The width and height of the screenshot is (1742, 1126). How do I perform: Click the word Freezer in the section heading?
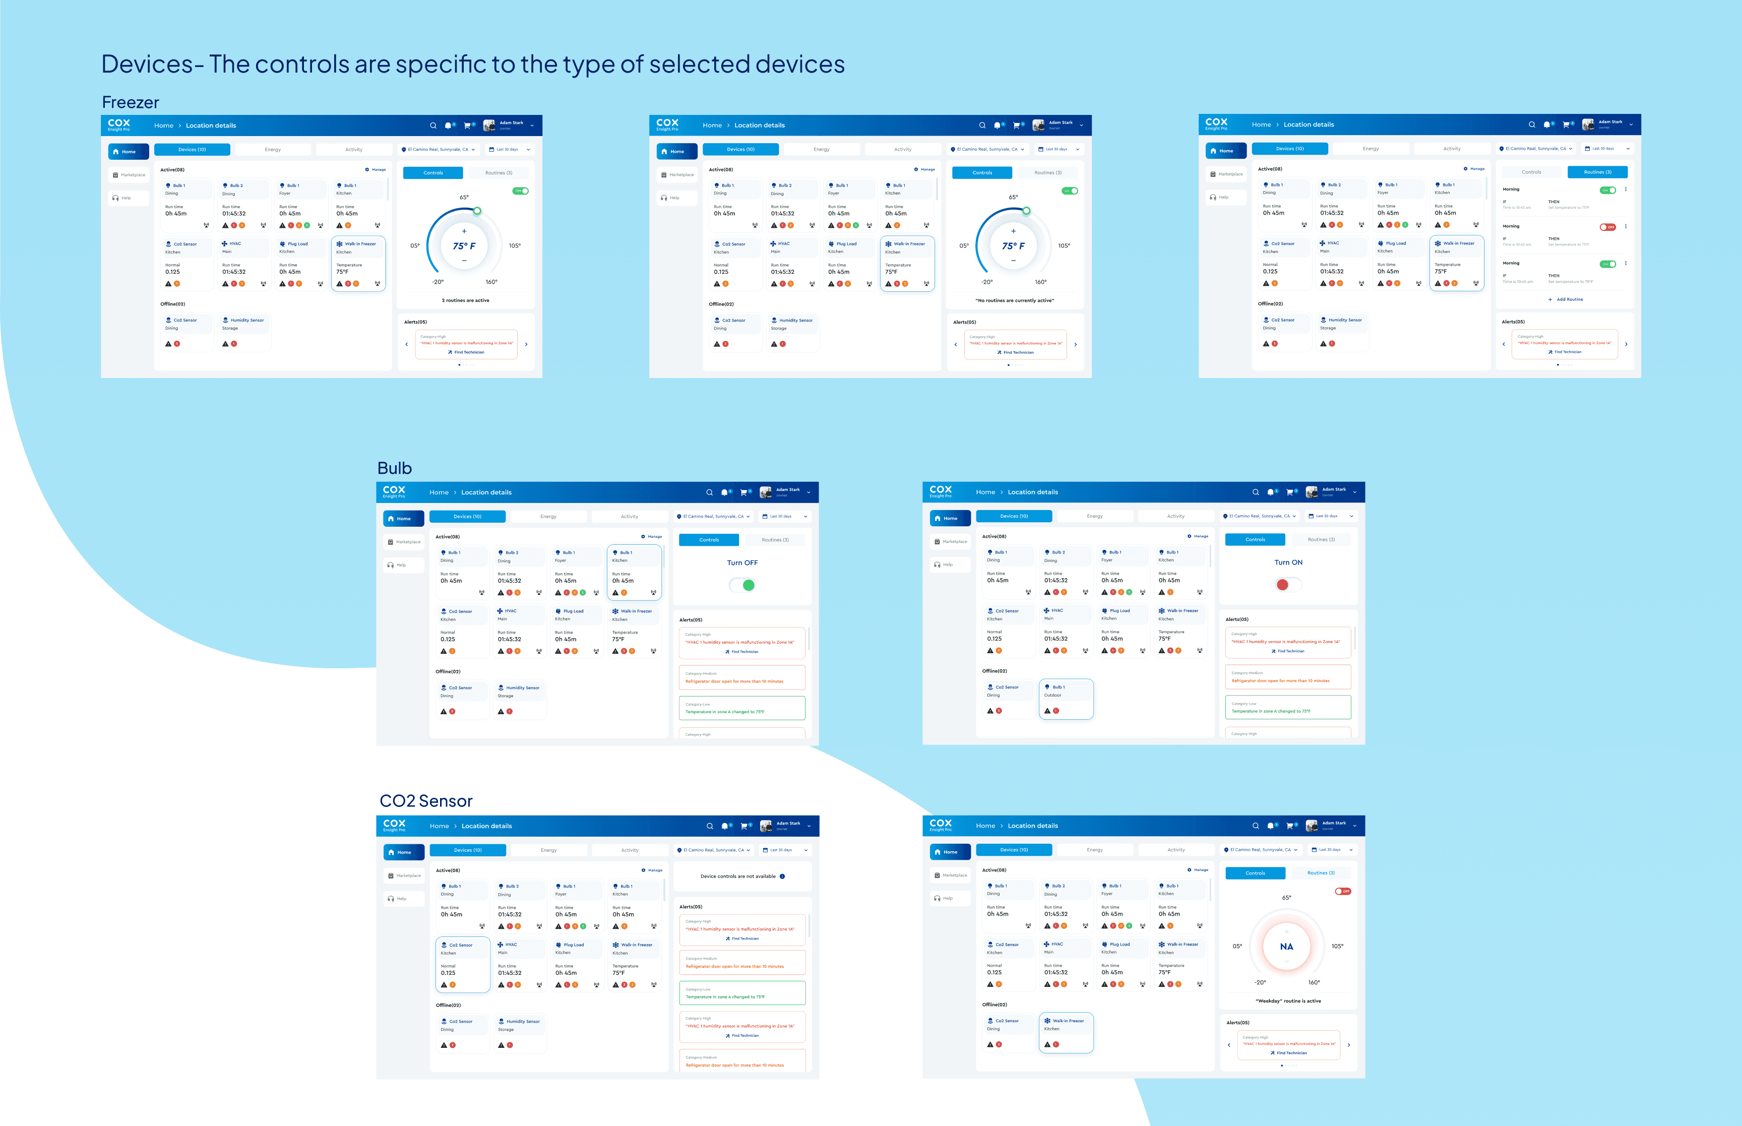click(130, 102)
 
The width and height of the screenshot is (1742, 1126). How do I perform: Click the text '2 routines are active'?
click(466, 300)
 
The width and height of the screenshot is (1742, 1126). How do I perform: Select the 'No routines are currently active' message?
click(1014, 300)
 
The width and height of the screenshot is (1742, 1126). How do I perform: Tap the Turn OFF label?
click(742, 563)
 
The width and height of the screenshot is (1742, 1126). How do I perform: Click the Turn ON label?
click(1288, 562)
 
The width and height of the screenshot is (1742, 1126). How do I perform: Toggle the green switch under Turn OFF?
click(742, 585)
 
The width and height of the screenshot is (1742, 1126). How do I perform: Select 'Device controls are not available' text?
click(737, 876)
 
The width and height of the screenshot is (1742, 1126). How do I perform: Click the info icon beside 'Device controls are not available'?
click(782, 876)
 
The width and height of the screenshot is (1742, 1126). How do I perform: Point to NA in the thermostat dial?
click(1286, 947)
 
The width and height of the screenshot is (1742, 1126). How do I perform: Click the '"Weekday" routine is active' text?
click(1288, 1001)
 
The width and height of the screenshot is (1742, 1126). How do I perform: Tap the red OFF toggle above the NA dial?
click(1343, 891)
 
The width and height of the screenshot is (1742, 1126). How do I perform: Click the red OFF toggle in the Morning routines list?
click(1607, 227)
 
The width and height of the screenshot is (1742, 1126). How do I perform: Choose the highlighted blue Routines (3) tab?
click(1597, 172)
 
